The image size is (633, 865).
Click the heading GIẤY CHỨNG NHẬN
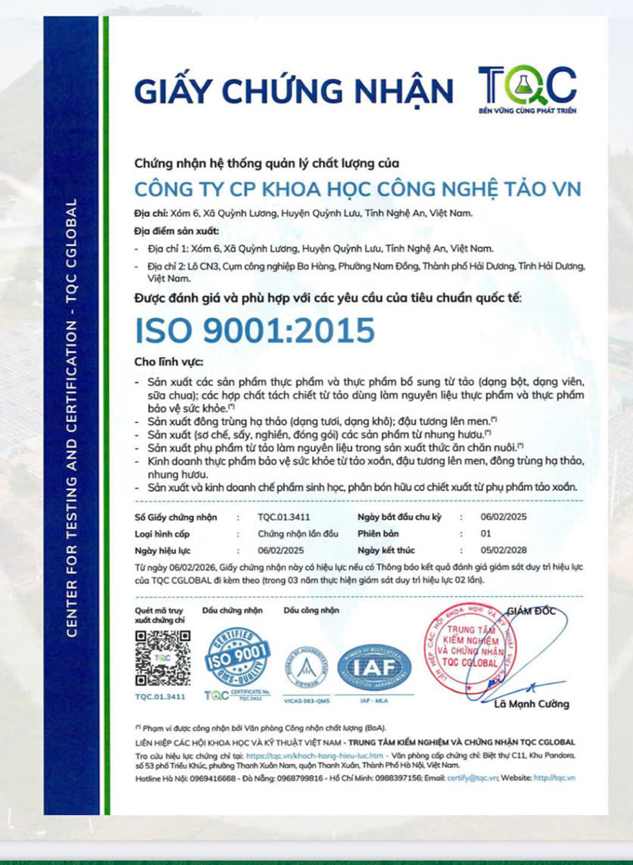[294, 90]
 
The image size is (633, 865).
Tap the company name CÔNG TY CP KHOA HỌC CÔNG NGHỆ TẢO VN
[358, 189]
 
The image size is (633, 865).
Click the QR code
[162, 658]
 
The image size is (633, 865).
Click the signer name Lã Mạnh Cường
[531, 704]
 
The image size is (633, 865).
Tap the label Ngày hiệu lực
[163, 550]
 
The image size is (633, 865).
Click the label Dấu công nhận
[311, 610]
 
